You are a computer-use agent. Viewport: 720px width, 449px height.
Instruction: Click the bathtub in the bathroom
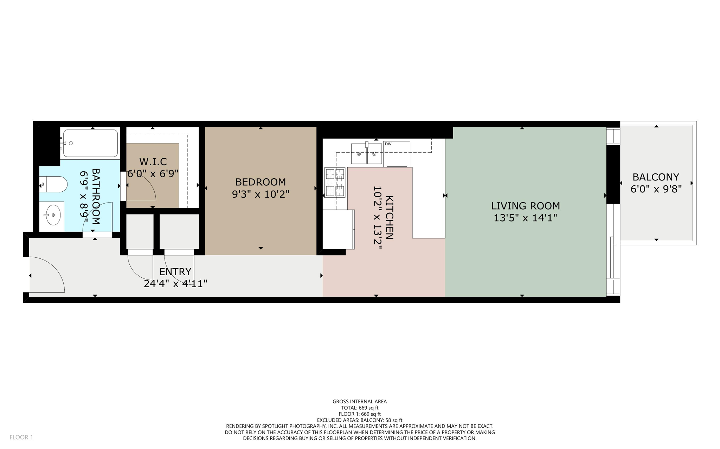coord(90,143)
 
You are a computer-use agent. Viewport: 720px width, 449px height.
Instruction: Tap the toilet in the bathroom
coord(54,184)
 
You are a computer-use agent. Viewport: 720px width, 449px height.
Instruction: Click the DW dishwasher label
coord(388,144)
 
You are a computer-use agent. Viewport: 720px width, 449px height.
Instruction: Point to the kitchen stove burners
coord(335,183)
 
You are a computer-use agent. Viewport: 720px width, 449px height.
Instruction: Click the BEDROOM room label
coord(260,182)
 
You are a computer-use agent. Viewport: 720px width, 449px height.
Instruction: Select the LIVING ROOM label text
coord(525,206)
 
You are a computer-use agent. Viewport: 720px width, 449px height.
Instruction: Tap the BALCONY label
coord(656,177)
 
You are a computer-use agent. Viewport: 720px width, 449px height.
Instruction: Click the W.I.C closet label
coord(153,162)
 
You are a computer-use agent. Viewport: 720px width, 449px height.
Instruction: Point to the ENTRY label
coord(175,272)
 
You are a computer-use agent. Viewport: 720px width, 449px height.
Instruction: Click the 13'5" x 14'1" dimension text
coord(525,218)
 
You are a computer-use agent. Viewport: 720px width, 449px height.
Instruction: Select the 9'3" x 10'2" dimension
coord(260,194)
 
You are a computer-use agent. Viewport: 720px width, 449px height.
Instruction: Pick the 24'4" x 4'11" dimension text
coord(175,284)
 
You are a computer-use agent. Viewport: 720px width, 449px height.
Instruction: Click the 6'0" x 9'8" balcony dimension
coord(656,189)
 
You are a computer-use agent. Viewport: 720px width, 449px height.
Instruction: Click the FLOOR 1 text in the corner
coord(21,437)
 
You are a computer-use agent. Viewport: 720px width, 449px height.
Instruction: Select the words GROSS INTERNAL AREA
coord(360,402)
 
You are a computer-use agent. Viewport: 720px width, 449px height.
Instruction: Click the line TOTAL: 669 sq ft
coord(360,408)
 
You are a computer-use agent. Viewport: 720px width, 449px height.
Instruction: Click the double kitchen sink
coord(366,154)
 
